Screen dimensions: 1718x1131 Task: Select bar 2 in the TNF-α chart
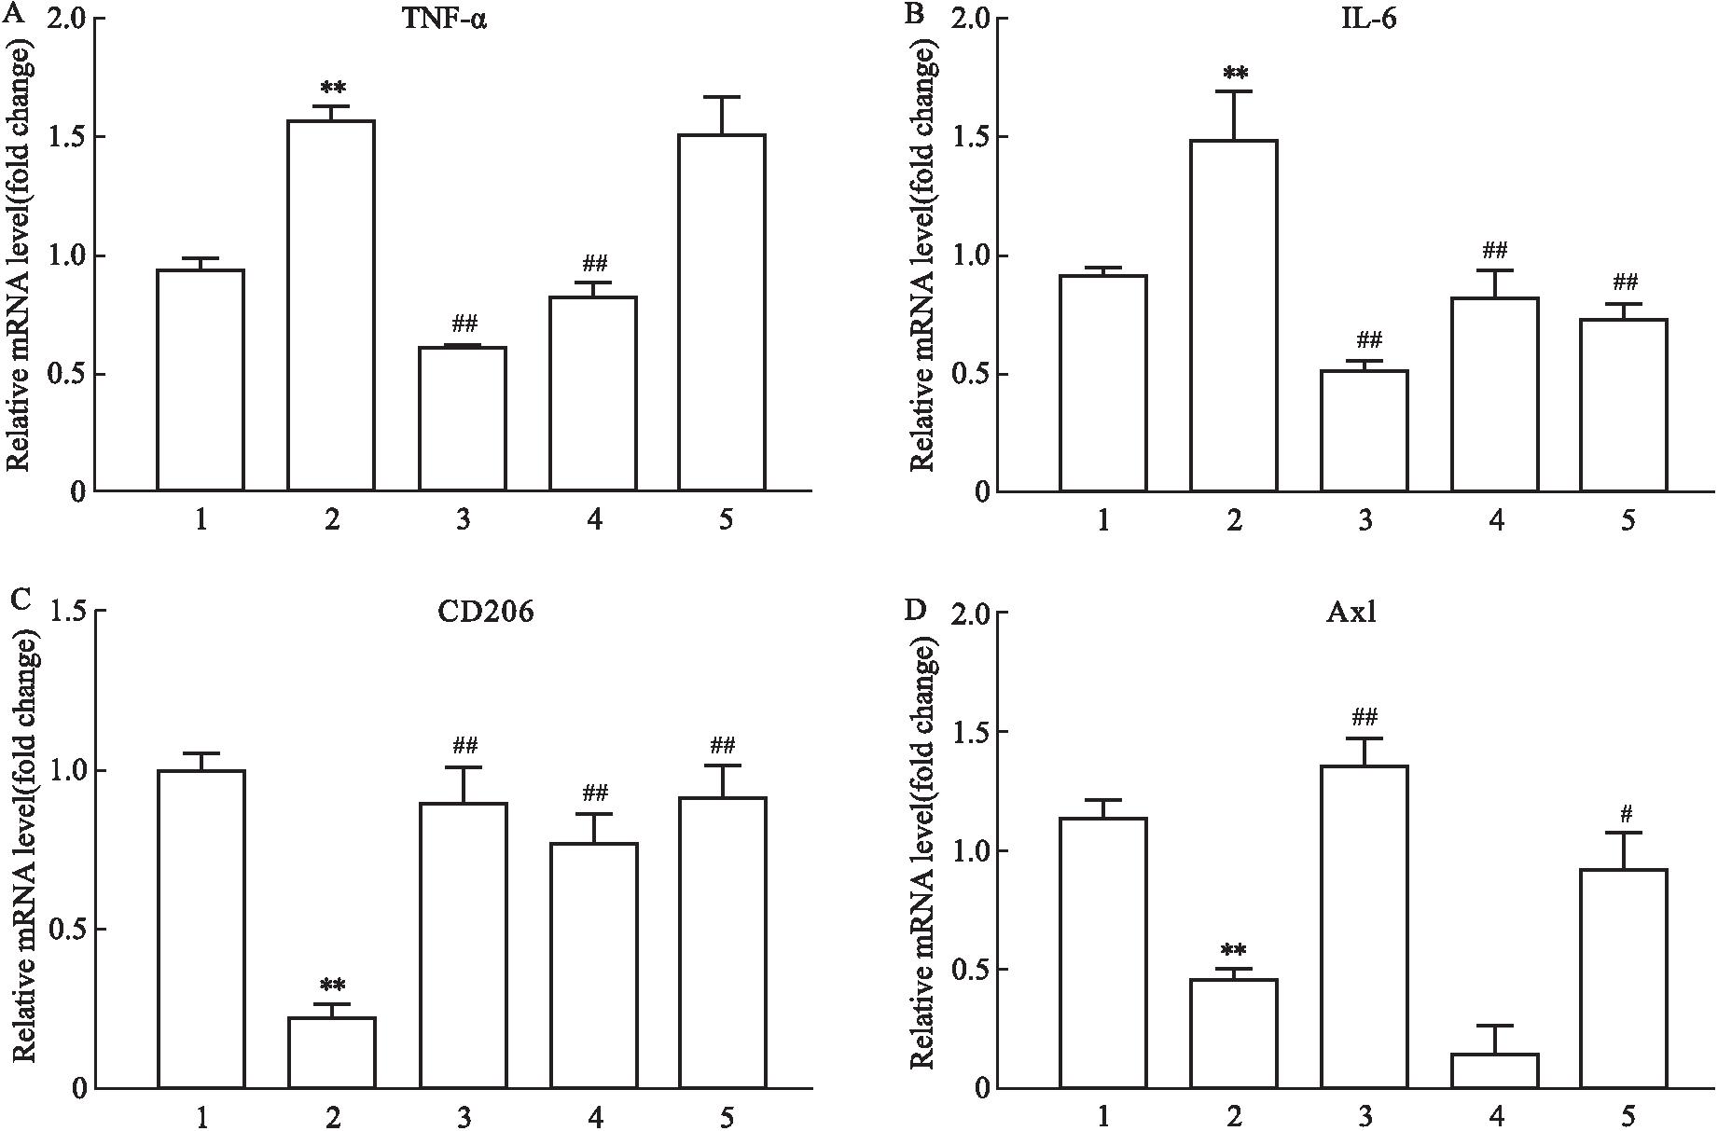331,305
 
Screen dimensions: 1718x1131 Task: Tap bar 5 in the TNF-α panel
723,312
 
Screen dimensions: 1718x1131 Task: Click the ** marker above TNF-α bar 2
333,89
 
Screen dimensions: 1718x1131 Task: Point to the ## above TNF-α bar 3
464,324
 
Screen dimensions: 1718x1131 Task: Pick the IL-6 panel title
1365,18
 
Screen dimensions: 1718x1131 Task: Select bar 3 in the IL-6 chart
1365,430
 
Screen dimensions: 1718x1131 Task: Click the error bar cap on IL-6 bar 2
1234,91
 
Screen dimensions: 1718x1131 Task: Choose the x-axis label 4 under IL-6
1496,520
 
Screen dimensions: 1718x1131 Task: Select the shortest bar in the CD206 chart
331,1053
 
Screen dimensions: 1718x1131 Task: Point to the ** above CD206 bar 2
333,984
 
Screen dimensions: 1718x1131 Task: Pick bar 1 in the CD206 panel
201,929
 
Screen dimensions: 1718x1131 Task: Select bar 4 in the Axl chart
1495,1070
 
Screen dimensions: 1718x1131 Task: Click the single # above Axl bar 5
1626,813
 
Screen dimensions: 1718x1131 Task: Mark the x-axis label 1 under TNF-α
201,520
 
